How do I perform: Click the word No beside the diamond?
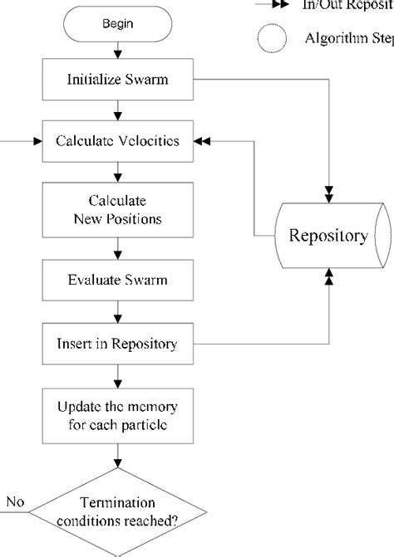click(x=16, y=502)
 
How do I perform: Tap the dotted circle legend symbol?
click(x=275, y=38)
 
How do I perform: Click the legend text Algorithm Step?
click(x=348, y=38)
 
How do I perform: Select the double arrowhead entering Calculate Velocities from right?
click(x=202, y=142)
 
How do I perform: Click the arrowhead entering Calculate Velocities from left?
click(x=36, y=142)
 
